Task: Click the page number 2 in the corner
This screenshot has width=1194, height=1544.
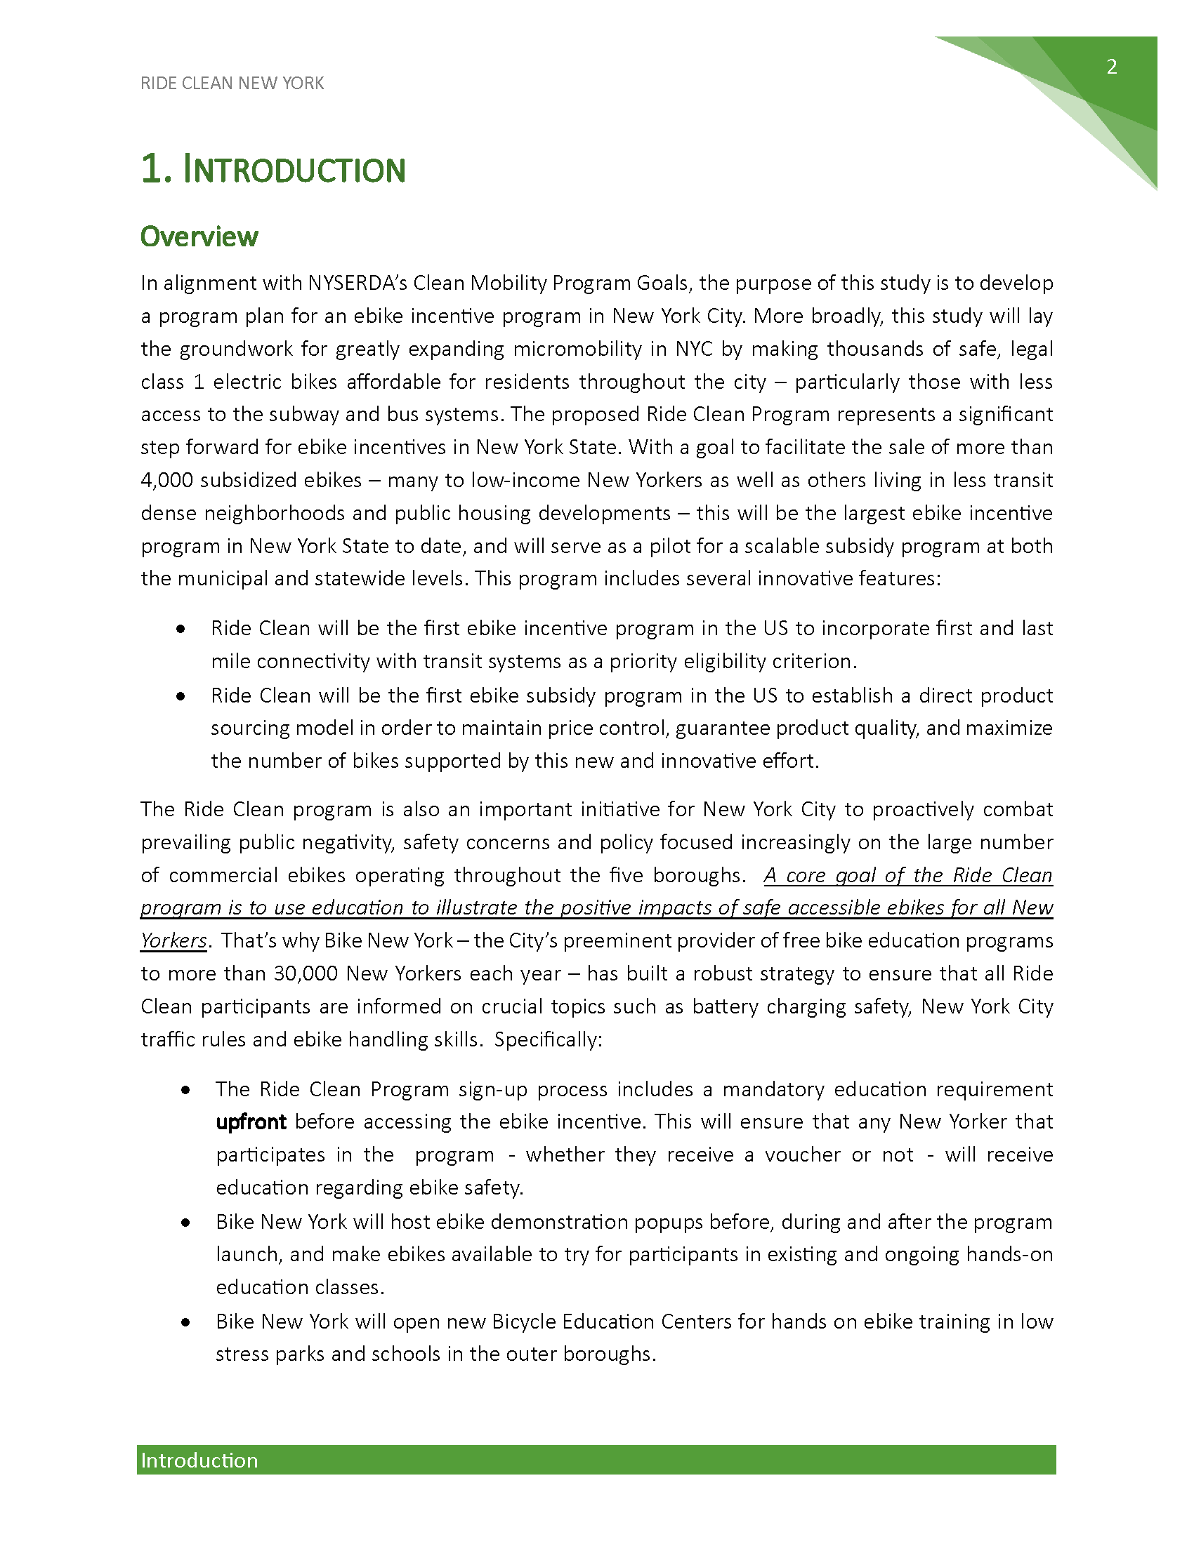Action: (1111, 67)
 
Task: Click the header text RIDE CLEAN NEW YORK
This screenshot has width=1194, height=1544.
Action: (232, 84)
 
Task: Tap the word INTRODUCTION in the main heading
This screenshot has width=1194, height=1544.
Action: (294, 171)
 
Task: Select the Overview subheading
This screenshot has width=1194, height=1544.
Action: (199, 237)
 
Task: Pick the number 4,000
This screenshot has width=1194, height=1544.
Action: (167, 481)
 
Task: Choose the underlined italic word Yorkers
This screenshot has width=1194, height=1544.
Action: (173, 941)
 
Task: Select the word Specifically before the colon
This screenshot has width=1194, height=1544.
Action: (545, 1040)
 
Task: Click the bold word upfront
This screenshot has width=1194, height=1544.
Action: (251, 1122)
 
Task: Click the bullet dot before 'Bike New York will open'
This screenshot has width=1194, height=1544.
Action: (185, 1322)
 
